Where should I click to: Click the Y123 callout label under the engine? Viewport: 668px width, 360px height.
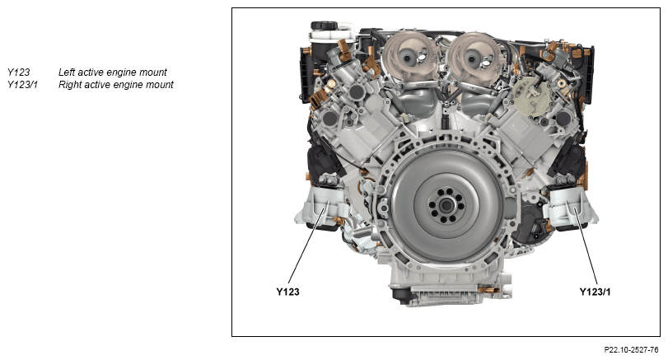[x=287, y=292]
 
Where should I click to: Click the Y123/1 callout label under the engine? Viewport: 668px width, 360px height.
[x=595, y=292]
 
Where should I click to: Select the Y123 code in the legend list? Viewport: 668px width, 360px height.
[x=19, y=72]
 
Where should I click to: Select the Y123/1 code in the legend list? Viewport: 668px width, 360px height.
[x=22, y=85]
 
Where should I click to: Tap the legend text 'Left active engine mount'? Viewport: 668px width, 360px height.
[x=113, y=72]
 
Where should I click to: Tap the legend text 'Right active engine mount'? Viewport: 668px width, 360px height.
[x=116, y=85]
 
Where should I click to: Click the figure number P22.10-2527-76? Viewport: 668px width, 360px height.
[x=631, y=350]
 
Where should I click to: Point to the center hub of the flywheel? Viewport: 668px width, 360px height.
[x=446, y=205]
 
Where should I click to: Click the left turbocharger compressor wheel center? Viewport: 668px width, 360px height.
[x=407, y=58]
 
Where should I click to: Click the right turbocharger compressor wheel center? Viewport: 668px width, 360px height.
[x=474, y=58]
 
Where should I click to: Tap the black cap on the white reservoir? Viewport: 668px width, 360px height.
[x=324, y=26]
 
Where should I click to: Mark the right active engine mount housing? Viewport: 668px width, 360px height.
[x=571, y=208]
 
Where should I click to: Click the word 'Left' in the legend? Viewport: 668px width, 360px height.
[x=67, y=72]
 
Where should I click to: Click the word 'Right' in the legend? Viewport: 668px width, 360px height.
[x=70, y=85]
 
